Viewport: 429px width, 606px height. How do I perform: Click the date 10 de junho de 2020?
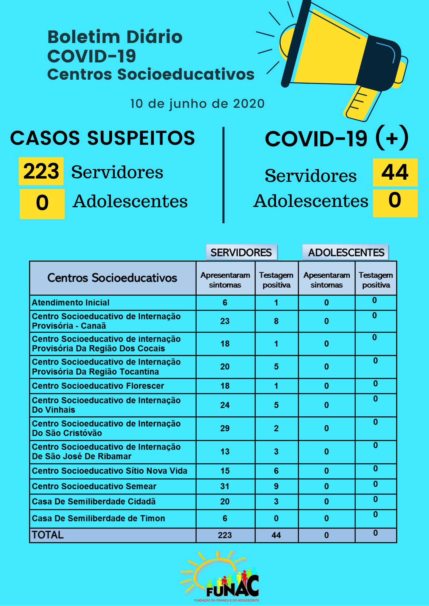(197, 104)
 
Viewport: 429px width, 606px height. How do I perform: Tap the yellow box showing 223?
(41, 171)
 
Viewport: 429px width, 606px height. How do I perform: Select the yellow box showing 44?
(395, 172)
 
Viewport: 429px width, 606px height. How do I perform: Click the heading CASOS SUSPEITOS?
(103, 138)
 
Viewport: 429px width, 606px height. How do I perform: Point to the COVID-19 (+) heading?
(336, 138)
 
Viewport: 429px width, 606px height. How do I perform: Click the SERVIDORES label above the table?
(241, 252)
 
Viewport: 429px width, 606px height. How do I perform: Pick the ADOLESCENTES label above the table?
(346, 252)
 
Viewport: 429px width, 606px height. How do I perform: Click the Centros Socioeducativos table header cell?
(112, 278)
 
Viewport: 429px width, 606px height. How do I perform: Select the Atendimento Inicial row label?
(71, 303)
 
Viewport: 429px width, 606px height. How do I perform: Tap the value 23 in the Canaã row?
(225, 321)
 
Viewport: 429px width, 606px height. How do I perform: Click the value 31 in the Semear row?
(225, 486)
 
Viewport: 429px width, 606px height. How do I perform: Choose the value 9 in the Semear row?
(276, 486)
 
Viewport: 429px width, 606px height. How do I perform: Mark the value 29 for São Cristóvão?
(225, 428)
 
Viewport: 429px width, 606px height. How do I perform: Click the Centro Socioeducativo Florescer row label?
(98, 386)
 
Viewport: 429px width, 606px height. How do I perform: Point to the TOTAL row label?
(48, 535)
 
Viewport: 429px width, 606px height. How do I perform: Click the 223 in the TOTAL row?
(225, 535)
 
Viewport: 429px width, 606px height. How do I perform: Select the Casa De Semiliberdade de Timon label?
(98, 518)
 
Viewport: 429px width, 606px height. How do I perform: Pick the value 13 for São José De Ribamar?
(225, 452)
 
